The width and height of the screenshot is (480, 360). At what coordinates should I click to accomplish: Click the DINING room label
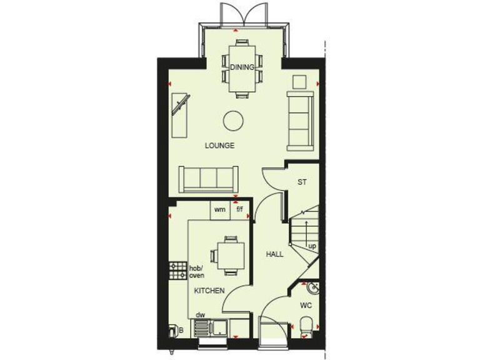[242, 67]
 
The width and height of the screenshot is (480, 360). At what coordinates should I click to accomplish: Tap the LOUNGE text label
[220, 146]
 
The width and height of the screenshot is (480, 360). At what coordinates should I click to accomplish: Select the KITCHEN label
[209, 291]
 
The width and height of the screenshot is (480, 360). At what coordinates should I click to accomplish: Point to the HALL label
[274, 254]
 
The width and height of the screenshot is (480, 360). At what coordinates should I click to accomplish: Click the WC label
[306, 306]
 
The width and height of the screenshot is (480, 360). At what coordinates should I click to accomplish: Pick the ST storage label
[302, 182]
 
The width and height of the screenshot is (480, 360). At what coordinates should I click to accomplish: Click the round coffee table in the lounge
[234, 120]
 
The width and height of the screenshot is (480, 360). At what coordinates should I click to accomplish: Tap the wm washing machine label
[219, 210]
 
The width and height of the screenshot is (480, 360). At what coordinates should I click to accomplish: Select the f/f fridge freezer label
[239, 210]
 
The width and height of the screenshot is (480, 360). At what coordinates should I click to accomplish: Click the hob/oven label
[197, 272]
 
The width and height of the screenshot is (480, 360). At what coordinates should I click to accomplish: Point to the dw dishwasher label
[201, 316]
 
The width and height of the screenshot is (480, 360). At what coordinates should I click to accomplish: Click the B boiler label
[181, 329]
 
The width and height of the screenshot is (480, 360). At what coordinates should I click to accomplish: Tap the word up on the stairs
[312, 246]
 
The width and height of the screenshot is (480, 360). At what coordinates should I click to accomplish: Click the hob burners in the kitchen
[174, 270]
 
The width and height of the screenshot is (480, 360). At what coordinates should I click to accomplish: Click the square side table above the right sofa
[299, 82]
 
